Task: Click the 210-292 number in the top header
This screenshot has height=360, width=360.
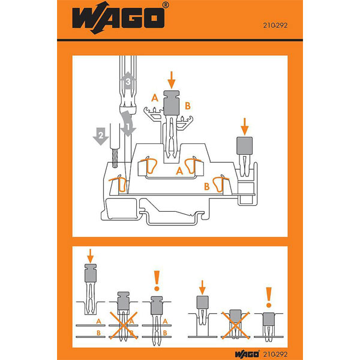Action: pos(275,25)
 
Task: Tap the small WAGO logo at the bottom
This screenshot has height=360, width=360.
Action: pos(247,354)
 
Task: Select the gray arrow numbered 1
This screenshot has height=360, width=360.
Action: pos(128,124)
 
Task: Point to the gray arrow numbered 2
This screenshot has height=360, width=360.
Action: pos(101,136)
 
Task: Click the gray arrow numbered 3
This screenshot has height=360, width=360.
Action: pos(128,80)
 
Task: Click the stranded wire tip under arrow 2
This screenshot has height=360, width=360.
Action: pos(115,158)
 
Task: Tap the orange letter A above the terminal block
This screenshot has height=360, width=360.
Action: pos(155,98)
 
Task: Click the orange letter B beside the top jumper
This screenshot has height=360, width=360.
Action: pos(188,106)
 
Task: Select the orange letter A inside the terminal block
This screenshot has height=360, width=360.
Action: pos(179,171)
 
